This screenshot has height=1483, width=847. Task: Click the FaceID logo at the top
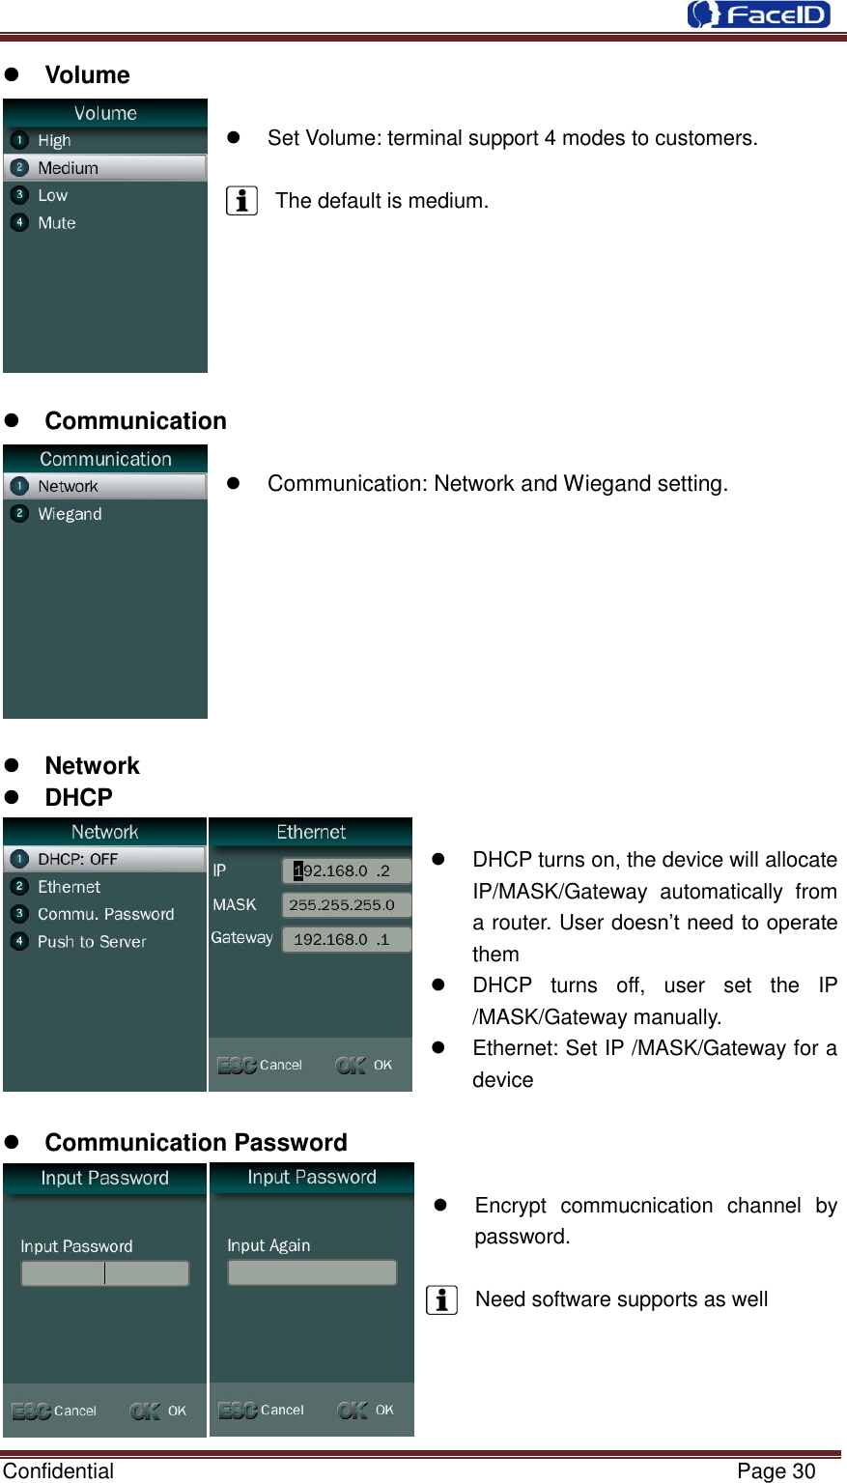758,14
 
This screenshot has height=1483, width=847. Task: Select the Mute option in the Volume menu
56,223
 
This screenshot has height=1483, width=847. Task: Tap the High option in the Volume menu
54,141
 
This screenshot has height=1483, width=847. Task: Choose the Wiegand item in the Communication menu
70,514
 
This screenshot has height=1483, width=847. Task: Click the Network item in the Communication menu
68,487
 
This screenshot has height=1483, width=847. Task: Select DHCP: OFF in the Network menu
77,859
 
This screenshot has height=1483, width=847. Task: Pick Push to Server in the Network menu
92,942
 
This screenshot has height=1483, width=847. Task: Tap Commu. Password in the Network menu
105,914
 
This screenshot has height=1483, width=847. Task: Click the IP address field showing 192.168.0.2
346,870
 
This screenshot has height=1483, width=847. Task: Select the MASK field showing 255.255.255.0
346,905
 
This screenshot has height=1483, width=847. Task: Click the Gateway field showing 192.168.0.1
346,939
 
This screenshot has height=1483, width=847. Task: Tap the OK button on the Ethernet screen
364,1065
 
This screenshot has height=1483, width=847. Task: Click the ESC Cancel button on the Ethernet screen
260,1065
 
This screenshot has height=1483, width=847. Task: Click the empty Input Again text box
312,1272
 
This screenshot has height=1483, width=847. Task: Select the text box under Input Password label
105,1273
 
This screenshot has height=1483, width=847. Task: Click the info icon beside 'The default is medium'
241,201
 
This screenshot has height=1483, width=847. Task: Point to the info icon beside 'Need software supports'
441,1300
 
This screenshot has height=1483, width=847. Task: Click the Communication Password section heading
196,1143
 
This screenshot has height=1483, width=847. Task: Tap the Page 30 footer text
776,1471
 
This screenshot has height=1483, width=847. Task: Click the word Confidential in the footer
58,1471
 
